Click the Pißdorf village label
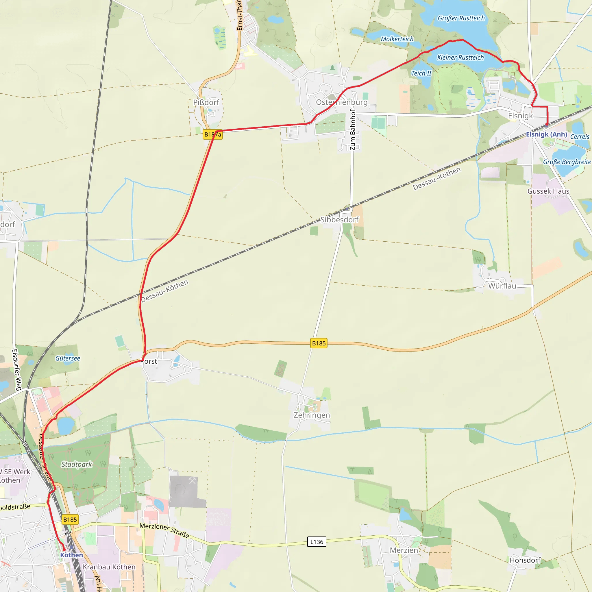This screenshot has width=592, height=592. (x=206, y=102)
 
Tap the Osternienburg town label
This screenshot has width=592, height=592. (x=342, y=102)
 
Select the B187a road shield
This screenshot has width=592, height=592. (x=213, y=134)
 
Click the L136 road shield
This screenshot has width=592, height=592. (x=317, y=542)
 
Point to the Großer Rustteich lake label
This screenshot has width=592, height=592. (x=461, y=18)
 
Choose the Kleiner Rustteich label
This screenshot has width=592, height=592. (x=460, y=58)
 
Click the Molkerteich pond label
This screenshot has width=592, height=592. (x=397, y=39)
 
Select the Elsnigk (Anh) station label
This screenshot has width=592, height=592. (x=546, y=134)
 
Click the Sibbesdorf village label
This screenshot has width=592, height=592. (x=339, y=220)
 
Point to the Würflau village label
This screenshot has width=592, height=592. (x=502, y=286)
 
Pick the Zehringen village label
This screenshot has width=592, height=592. (x=312, y=415)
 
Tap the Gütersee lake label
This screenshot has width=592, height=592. (x=68, y=358)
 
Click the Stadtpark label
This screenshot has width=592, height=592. (x=77, y=464)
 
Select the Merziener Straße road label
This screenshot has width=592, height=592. (x=164, y=530)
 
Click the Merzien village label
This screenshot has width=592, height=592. (x=404, y=550)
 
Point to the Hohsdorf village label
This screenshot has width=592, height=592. (x=525, y=560)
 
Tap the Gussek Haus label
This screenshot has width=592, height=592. (x=548, y=191)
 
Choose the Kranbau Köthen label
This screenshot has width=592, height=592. (x=109, y=567)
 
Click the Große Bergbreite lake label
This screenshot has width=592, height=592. (x=567, y=162)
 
